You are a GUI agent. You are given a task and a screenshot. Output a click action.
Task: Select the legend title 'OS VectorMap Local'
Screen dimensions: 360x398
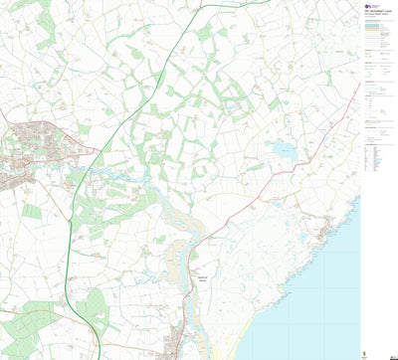(376, 11)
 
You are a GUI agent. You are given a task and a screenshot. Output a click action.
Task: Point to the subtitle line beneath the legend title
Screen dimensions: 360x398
(375, 15)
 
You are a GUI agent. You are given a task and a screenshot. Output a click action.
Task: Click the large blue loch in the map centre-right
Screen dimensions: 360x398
(283, 151)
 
